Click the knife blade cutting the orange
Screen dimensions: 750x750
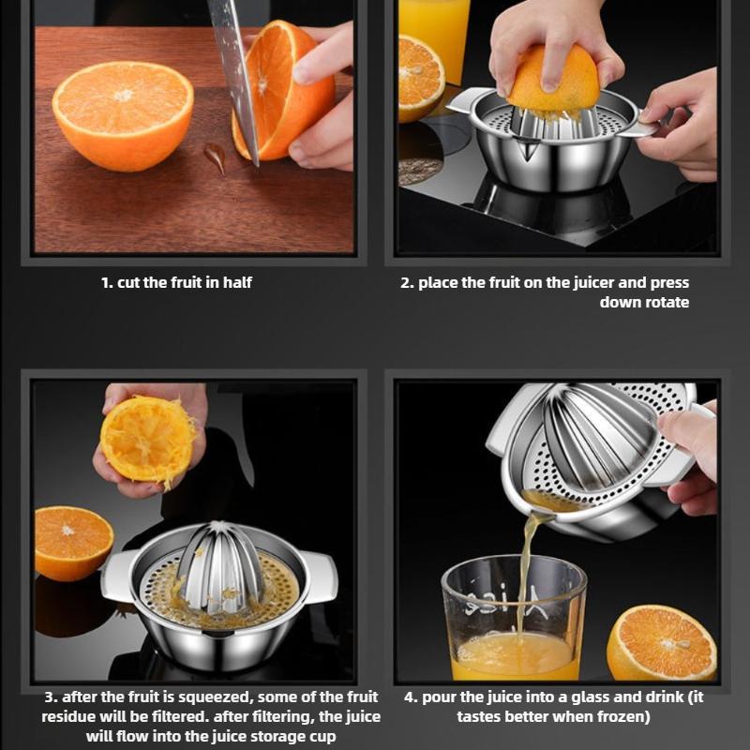coord(234,84)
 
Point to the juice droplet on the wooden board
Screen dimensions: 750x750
coord(216,157)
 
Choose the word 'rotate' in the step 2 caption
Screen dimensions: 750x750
coord(665,302)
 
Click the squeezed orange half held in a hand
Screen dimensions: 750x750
coord(148,439)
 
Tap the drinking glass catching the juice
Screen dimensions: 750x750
coord(513,619)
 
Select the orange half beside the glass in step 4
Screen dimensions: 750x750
coord(661,642)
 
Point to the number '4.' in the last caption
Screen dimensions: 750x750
coord(411,697)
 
